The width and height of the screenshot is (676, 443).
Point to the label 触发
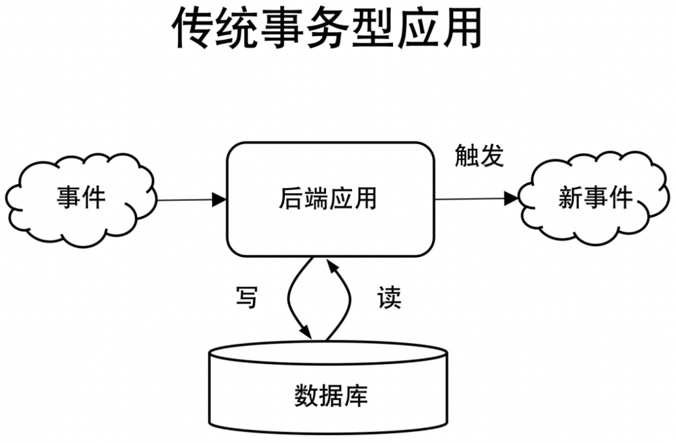[x=479, y=156]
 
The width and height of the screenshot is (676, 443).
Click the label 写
[x=246, y=298]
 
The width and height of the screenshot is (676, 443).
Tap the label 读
[x=389, y=298]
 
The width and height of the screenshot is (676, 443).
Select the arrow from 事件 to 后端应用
[x=188, y=200]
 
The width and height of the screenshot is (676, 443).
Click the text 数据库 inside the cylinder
[x=330, y=395]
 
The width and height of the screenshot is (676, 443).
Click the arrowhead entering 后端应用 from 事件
[x=219, y=200]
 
